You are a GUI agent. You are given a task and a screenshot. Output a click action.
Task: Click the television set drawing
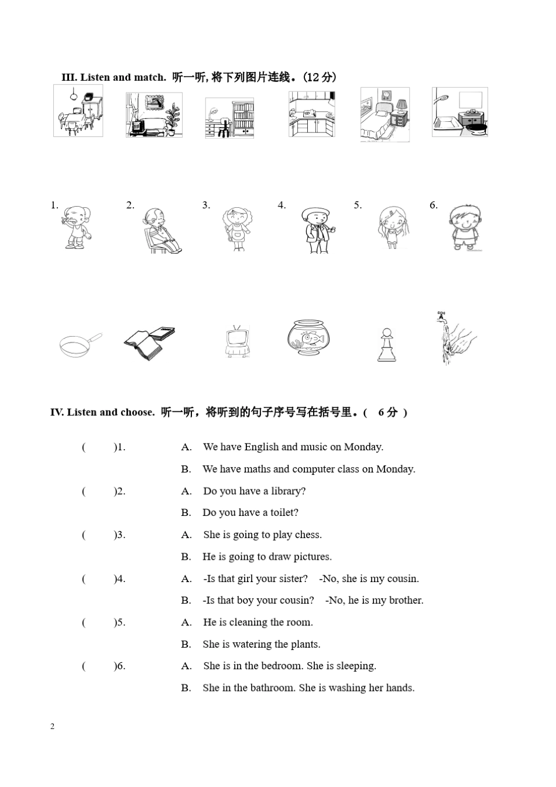[x=238, y=342]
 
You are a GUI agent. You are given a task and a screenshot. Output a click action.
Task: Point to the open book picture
[x=149, y=343]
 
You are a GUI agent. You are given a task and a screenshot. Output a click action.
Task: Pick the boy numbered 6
[x=465, y=228]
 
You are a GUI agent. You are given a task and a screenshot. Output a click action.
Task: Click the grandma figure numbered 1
[x=76, y=228]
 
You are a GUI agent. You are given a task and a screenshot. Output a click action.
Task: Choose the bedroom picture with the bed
[x=385, y=115]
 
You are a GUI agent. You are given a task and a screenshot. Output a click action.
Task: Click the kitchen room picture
[x=311, y=114]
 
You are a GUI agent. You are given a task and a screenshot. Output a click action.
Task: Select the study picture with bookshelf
[x=229, y=118]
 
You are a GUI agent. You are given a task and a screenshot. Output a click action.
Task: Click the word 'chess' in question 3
[x=308, y=535]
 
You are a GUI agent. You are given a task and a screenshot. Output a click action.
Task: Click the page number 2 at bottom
[x=52, y=727]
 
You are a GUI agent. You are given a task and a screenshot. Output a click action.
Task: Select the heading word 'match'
[x=149, y=77]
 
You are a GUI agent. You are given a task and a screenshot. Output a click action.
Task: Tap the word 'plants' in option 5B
[x=305, y=644]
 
